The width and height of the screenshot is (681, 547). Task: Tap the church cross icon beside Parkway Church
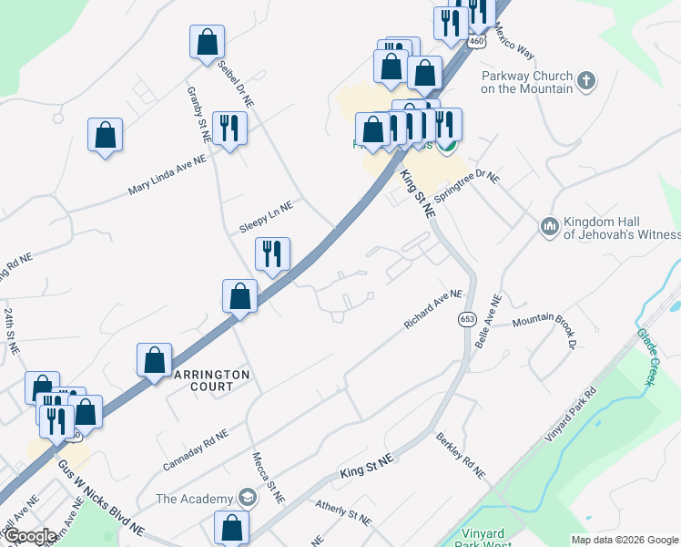(586, 80)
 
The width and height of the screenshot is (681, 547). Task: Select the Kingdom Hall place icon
(549, 225)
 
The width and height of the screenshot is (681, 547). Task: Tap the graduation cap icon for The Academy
(246, 498)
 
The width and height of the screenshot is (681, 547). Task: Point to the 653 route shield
(467, 319)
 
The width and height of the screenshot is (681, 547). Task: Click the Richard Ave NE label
(434, 311)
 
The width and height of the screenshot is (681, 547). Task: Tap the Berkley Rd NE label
(460, 455)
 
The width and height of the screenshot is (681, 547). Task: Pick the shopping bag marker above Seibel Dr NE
(207, 42)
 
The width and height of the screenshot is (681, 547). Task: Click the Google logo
(30, 537)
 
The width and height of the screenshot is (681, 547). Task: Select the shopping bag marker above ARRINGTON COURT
(155, 360)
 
